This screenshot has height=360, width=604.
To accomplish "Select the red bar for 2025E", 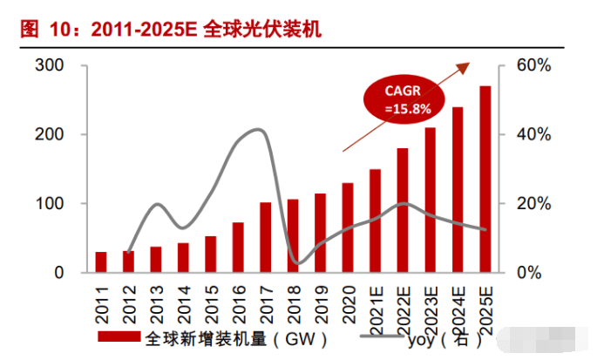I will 484,179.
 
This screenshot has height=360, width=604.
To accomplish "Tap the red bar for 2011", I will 102,262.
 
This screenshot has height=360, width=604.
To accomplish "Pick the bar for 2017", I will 266,237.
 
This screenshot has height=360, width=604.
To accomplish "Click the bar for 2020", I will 348,228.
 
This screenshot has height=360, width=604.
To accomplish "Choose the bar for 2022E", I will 402,210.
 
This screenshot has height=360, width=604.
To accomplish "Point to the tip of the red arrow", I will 470,63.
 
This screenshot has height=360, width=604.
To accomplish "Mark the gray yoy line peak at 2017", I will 258,130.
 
